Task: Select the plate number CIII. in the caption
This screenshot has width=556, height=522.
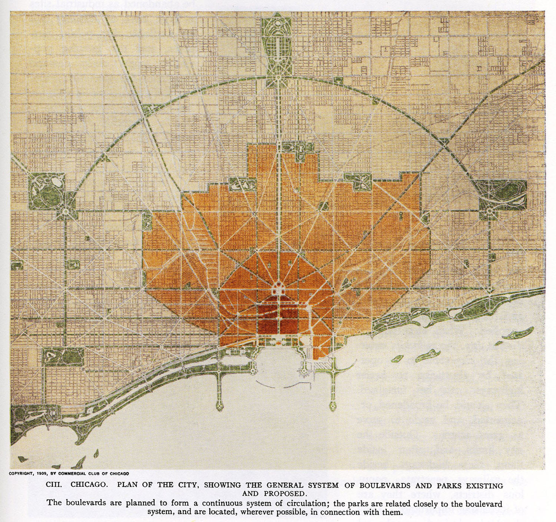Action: pyautogui.click(x=53, y=485)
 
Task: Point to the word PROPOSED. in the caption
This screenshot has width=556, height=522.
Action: pyautogui.click(x=286, y=493)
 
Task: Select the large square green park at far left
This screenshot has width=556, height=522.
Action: pyautogui.click(x=47, y=191)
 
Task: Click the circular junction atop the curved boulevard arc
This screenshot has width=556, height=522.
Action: pyautogui.click(x=278, y=78)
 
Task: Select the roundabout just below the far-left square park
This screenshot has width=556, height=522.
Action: pyautogui.click(x=66, y=211)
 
